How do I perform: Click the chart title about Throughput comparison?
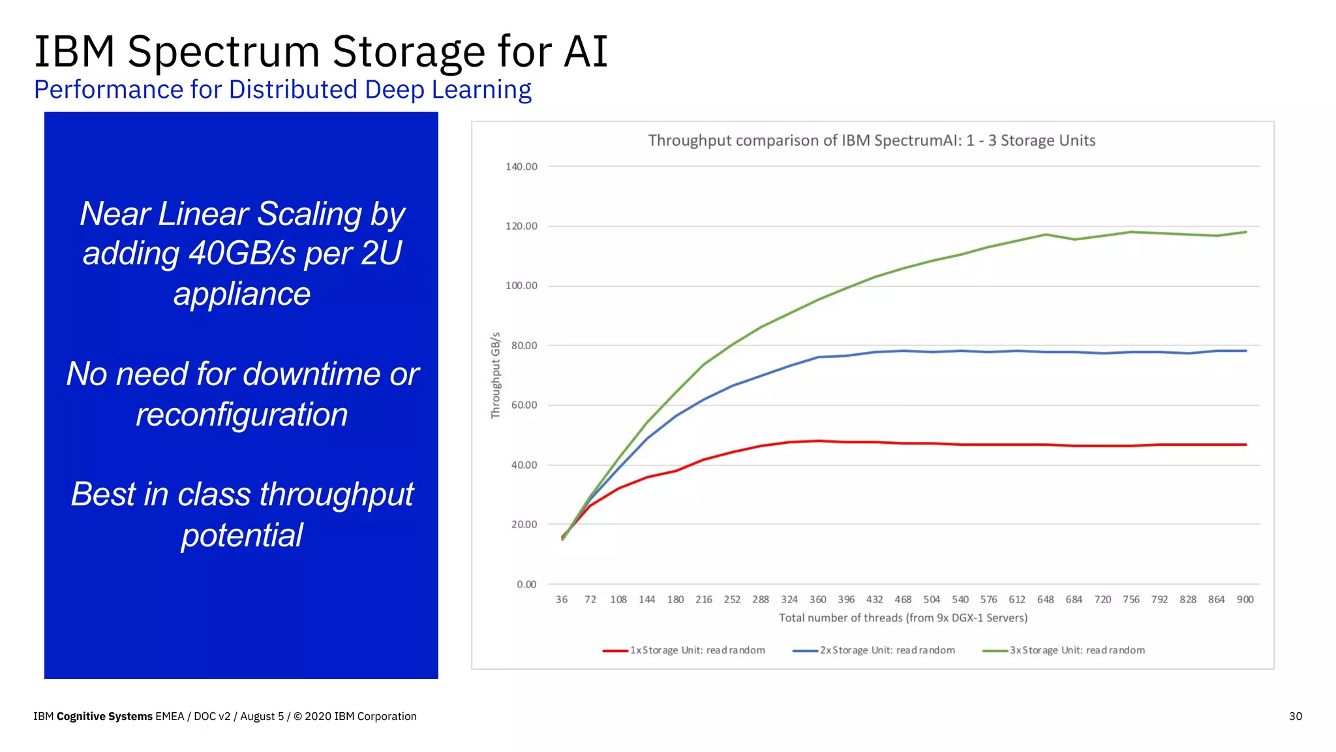click(872, 140)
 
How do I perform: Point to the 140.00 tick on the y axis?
click(521, 166)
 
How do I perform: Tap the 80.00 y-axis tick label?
click(524, 345)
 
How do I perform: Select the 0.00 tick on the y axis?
click(526, 584)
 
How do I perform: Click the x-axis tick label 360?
click(817, 599)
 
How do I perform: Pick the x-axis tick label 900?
click(1245, 599)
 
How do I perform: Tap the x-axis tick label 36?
click(562, 599)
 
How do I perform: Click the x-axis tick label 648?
click(1045, 599)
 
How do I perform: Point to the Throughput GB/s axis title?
click(496, 375)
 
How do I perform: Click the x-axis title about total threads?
click(903, 618)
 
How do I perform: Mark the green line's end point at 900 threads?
click(1245, 232)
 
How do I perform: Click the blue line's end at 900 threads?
click(1245, 351)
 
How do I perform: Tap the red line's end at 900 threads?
click(1245, 445)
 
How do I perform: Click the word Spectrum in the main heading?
click(224, 52)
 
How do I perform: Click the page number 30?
click(1295, 716)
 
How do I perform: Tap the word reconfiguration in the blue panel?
click(242, 415)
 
